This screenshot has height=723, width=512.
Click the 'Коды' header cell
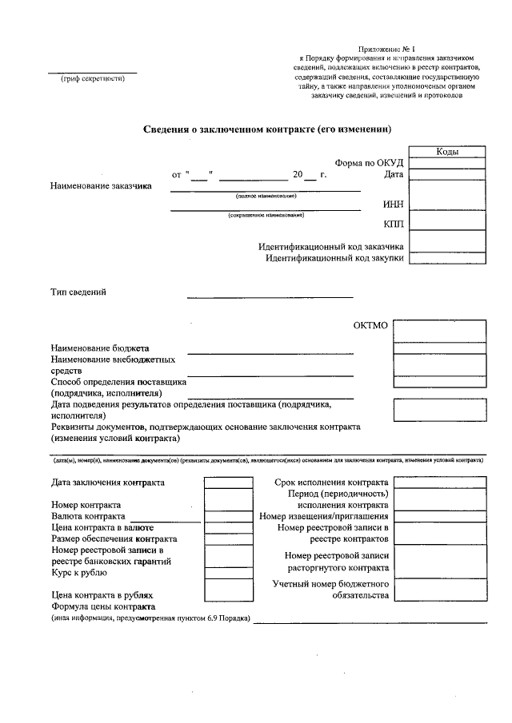pos(446,152)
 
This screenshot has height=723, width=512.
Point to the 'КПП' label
pos(394,224)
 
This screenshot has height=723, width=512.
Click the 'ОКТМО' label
pos(370,325)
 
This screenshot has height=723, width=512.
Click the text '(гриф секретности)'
pos(93,79)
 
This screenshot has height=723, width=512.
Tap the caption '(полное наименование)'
pos(266,196)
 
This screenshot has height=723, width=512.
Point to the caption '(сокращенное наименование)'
pos(266,215)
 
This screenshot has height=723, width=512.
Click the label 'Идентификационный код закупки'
pos(335,258)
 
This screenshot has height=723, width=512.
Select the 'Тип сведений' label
pos(78,292)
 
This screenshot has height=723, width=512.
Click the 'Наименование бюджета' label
pos(100,348)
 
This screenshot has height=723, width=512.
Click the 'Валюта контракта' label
pos(88,516)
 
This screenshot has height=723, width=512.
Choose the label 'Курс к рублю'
pos(78,572)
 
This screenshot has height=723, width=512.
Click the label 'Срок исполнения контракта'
pos(331,483)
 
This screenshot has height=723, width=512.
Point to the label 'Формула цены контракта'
pos(102,606)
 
